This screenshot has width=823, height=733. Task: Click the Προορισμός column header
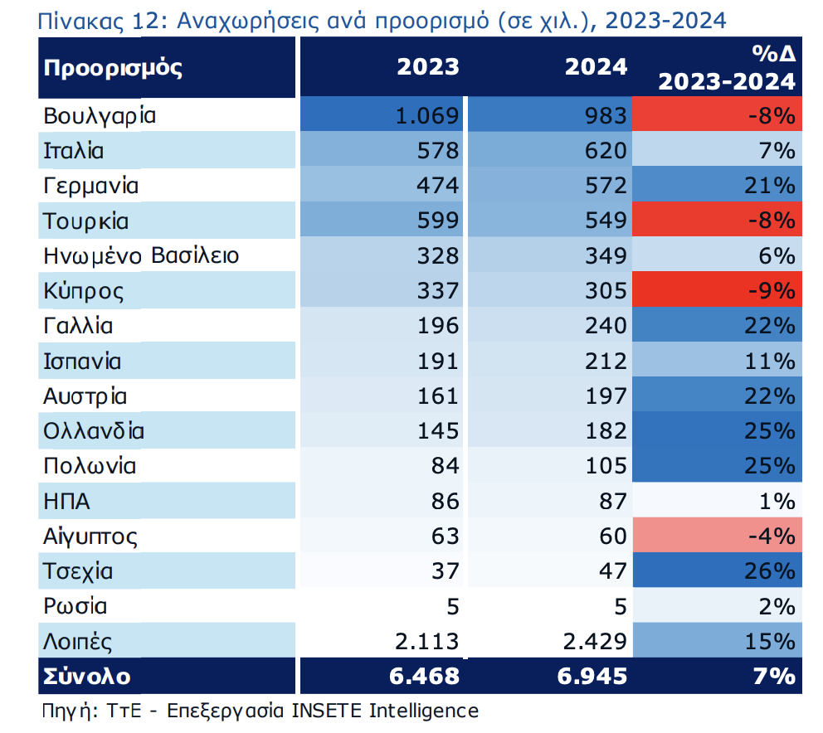pyautogui.click(x=113, y=68)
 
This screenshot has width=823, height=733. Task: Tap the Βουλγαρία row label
pyautogui.click(x=100, y=116)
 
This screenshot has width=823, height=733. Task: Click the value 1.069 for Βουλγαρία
pyautogui.click(x=427, y=116)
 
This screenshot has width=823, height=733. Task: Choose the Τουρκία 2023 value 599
pyautogui.click(x=438, y=221)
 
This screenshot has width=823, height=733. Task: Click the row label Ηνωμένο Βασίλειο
pyautogui.click(x=141, y=256)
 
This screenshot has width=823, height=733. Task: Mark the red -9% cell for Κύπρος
pyautogui.click(x=772, y=292)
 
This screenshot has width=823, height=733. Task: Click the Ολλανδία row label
pyautogui.click(x=94, y=431)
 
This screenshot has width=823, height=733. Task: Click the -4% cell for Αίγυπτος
pyautogui.click(x=772, y=536)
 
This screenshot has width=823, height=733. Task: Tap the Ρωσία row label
pyautogui.click(x=75, y=607)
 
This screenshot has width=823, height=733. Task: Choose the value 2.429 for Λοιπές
pyautogui.click(x=595, y=642)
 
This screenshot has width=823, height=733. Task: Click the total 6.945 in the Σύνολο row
pyautogui.click(x=591, y=677)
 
